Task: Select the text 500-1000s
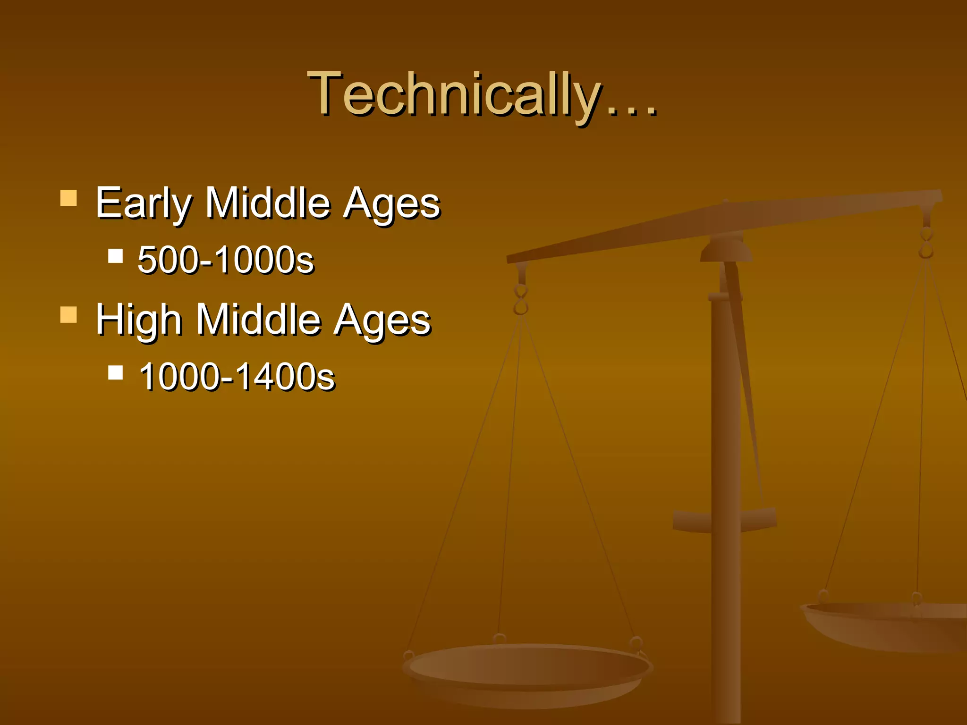click(226, 260)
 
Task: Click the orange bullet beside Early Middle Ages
click(68, 198)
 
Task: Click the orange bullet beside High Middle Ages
click(68, 315)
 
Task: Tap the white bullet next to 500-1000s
click(115, 256)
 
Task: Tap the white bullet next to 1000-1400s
click(115, 373)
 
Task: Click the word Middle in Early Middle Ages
click(267, 203)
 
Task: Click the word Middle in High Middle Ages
click(258, 320)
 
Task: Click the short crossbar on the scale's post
click(725, 519)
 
